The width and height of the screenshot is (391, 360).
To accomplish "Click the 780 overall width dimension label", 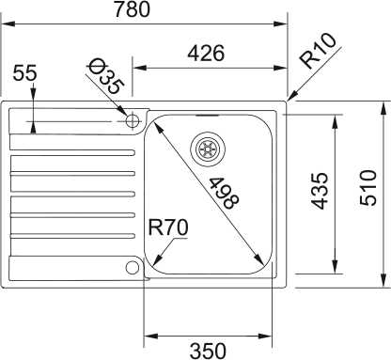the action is (x=132, y=9).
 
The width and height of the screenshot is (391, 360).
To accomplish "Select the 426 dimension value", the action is (x=206, y=53).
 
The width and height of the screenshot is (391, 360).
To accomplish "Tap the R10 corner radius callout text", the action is (x=318, y=50).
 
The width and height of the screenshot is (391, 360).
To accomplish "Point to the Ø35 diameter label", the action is (x=105, y=76).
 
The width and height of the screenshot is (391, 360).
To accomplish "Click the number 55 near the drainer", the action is (x=24, y=72).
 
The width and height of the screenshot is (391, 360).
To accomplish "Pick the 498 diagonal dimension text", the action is (x=224, y=193).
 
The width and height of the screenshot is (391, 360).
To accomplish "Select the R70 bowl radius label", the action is (x=168, y=227).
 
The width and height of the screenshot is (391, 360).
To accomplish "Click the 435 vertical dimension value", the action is (x=320, y=191).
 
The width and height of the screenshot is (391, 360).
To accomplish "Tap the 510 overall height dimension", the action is (x=368, y=188).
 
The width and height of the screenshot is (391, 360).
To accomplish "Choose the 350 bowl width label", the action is (x=208, y=351).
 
